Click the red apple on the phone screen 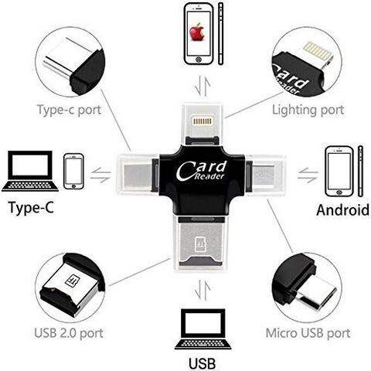pos(197,32)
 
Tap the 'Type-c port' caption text pos(69,111)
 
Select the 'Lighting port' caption pos(308,111)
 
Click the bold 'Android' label pos(343,209)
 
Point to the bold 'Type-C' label pos(31,208)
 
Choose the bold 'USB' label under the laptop pos(202,363)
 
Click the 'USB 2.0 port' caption pos(69,333)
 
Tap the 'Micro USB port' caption pos(308,333)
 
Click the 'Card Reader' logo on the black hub pos(202,171)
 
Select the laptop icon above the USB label pos(203,329)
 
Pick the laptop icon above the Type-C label pos(30,171)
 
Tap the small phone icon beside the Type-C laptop pos(73,172)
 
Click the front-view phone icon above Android pos(339,172)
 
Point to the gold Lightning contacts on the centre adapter pos(203,121)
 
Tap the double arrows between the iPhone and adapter pos(203,86)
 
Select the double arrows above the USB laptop pos(203,291)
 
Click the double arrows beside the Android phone pos(308,175)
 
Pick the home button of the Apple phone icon pos(199,60)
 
